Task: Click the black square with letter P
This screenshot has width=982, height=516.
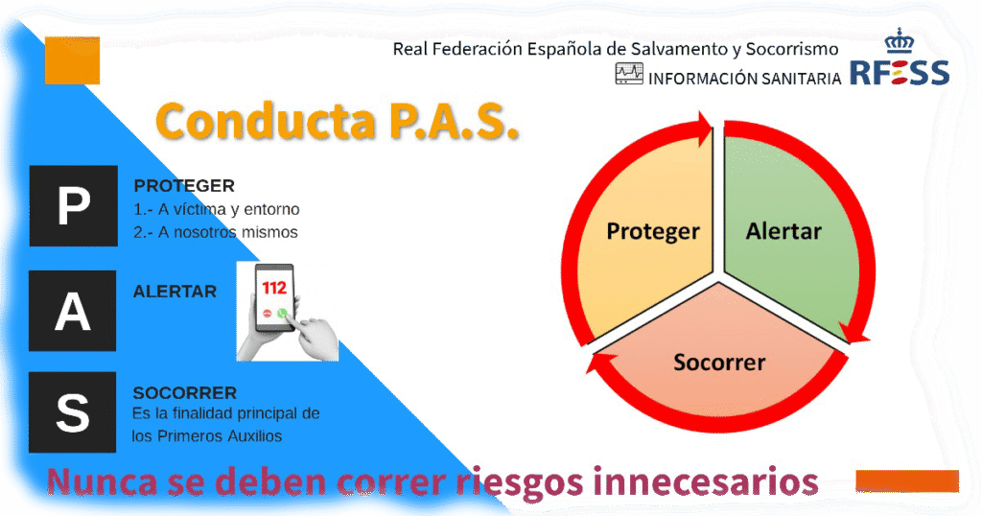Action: (x=73, y=205)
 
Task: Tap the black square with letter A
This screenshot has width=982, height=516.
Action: (x=73, y=311)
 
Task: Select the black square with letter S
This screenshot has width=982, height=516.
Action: (x=73, y=412)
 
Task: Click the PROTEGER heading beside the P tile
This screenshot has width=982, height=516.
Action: (x=184, y=186)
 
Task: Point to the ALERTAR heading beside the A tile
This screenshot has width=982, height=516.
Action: (x=175, y=292)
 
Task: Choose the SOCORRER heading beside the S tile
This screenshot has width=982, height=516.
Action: (x=185, y=392)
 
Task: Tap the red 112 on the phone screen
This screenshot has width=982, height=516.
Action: (x=273, y=288)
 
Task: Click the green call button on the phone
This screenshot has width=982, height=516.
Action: (x=282, y=313)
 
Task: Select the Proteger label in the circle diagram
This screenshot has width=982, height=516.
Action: (x=653, y=232)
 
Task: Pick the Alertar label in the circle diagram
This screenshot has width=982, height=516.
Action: (x=783, y=231)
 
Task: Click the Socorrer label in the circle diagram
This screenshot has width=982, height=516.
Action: (x=719, y=362)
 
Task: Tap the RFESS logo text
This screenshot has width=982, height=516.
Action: (x=900, y=73)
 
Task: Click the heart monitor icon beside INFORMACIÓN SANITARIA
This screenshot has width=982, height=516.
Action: (x=629, y=73)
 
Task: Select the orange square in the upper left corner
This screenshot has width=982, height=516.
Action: (x=72, y=60)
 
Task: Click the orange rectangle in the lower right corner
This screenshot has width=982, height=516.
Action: (x=907, y=481)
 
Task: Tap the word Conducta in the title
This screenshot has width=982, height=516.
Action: (x=266, y=121)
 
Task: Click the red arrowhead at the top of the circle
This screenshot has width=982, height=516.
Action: (x=705, y=128)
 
